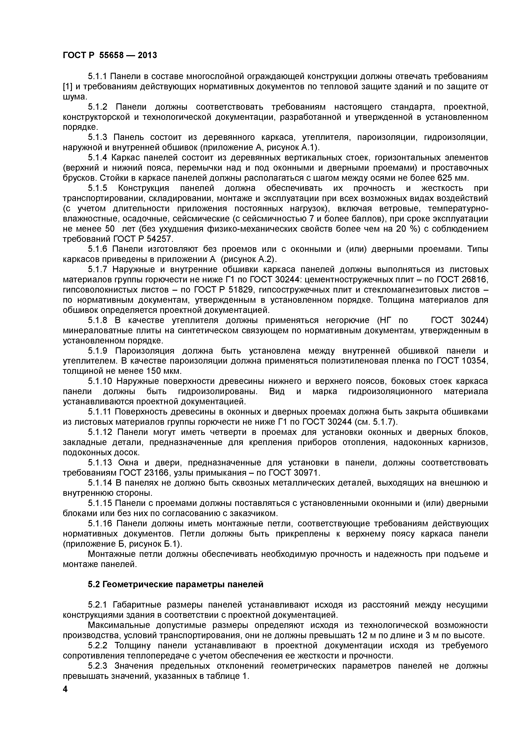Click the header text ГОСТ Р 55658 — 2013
click(x=109, y=55)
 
